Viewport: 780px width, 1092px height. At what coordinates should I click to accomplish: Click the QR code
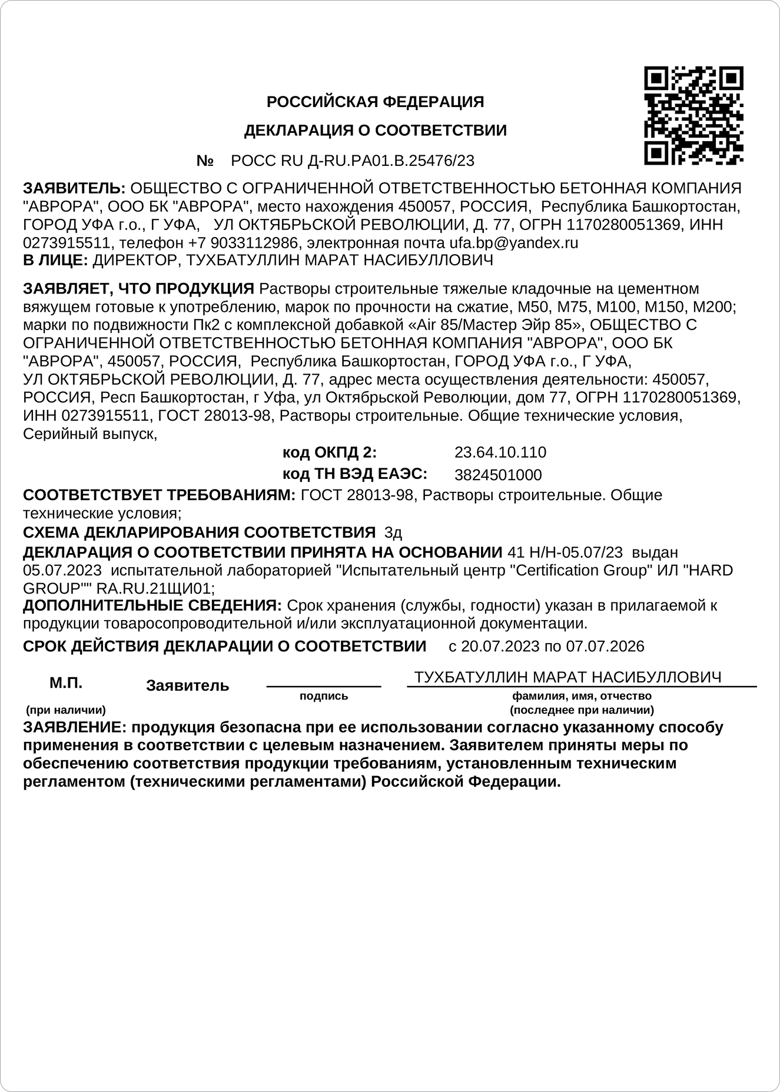tap(693, 116)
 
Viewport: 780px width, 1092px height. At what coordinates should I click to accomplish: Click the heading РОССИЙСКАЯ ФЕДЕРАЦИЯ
tap(375, 102)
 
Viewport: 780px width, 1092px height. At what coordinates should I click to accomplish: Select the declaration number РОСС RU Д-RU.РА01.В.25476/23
tap(353, 161)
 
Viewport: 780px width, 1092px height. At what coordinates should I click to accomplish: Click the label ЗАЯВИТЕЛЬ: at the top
tap(74, 188)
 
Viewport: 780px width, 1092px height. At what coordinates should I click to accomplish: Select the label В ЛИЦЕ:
tap(56, 260)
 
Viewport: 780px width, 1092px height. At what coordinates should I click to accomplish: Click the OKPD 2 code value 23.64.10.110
tap(500, 452)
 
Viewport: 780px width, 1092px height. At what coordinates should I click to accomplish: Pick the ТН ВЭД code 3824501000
tap(498, 475)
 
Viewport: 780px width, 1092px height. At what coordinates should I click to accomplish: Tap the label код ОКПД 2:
tap(330, 452)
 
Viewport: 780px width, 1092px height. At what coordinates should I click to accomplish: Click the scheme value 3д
tap(393, 533)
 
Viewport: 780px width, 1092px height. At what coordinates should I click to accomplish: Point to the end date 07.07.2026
tap(605, 646)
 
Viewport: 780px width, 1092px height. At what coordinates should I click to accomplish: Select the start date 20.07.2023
tap(500, 646)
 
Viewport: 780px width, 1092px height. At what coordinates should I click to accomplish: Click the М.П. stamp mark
tap(66, 683)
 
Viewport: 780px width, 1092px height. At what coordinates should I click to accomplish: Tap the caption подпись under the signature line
tap(324, 696)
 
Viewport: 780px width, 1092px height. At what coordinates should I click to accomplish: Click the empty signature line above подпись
tap(324, 685)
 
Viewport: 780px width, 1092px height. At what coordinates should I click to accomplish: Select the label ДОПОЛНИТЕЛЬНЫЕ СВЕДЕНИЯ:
tap(152, 605)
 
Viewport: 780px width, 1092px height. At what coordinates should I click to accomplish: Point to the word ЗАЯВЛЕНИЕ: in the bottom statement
tap(74, 727)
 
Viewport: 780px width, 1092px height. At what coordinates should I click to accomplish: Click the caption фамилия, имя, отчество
tap(582, 696)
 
